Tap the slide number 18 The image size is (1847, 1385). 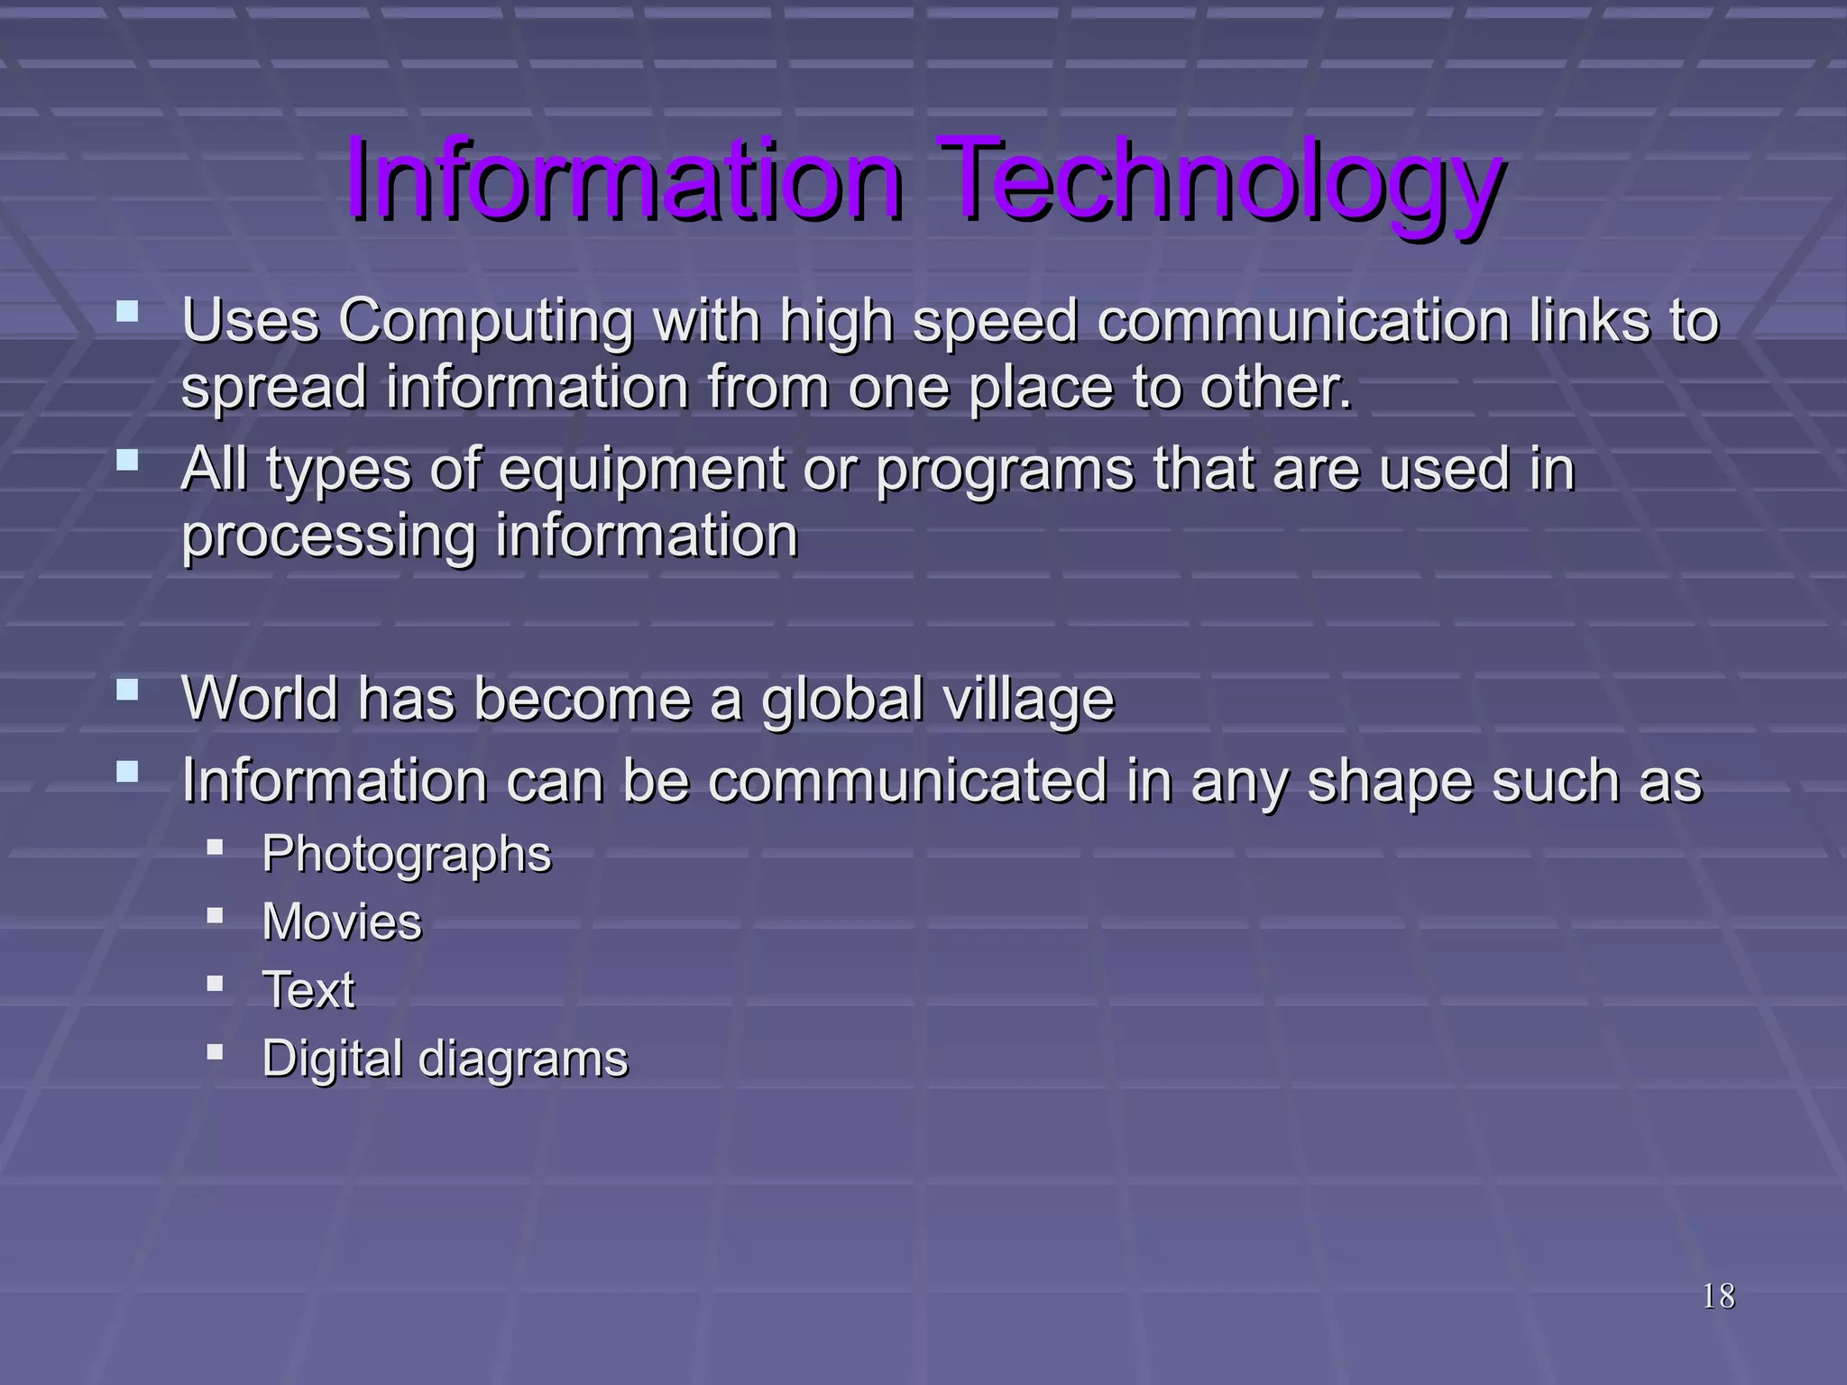(1718, 1297)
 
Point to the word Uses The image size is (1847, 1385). (251, 321)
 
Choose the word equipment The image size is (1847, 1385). (641, 471)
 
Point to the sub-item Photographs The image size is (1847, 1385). (406, 855)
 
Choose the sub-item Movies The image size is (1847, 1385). (342, 922)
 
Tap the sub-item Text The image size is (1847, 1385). (308, 990)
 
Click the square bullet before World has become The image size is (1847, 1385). (128, 691)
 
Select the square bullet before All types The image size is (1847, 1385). (128, 461)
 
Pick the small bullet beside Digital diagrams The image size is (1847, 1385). (215, 1051)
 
